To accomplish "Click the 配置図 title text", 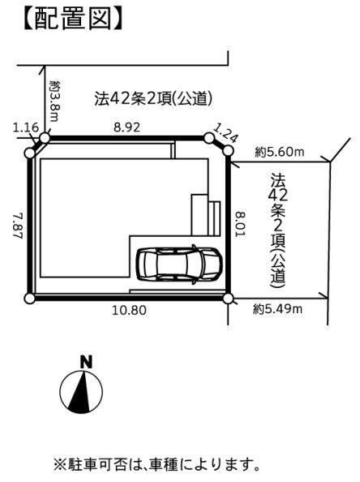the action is pyautogui.click(x=73, y=19).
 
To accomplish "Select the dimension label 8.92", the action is pyautogui.click(x=126, y=127).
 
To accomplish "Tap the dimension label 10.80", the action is pyautogui.click(x=129, y=310).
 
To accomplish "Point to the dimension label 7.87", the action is pyautogui.click(x=18, y=226).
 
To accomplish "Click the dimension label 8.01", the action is pyautogui.click(x=241, y=223).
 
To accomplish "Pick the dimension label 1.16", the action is pyautogui.click(x=26, y=127).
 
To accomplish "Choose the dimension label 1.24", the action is pyautogui.click(x=225, y=133).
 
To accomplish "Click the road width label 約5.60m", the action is pyautogui.click(x=280, y=152).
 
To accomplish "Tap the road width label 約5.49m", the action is pyautogui.click(x=277, y=309).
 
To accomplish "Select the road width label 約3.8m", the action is pyautogui.click(x=54, y=101).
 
